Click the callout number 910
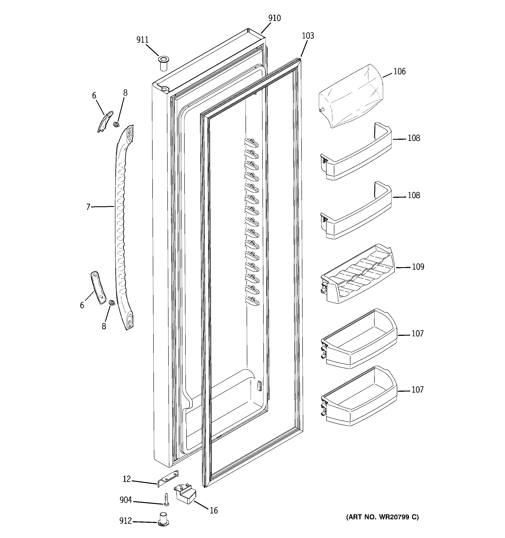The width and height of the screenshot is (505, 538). (x=274, y=18)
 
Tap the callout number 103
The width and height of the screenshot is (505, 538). (x=308, y=36)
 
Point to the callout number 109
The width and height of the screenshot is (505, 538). (x=418, y=267)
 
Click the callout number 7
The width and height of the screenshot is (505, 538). (x=88, y=207)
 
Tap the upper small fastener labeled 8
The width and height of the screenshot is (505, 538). (x=116, y=125)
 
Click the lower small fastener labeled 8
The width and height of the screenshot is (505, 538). (x=111, y=303)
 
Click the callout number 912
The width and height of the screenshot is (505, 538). (x=126, y=521)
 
